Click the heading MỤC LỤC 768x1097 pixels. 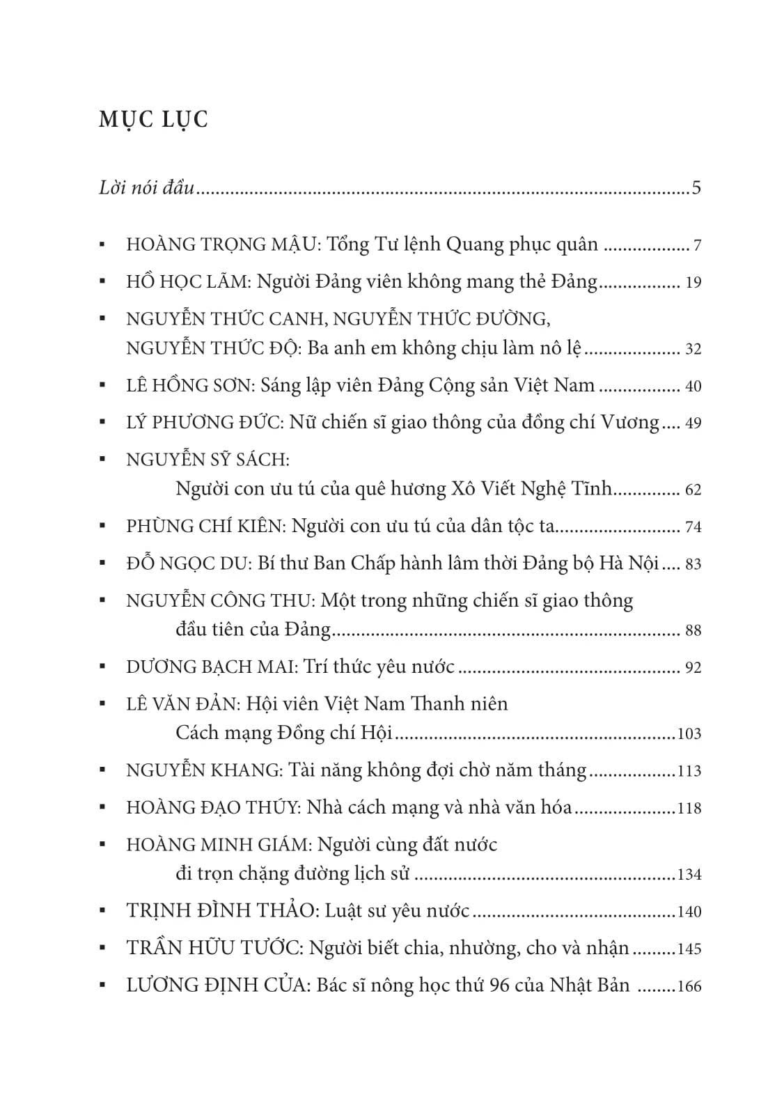tap(154, 120)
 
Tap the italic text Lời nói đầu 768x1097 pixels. tap(146, 188)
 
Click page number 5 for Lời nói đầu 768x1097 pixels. tap(696, 188)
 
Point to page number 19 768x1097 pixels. tap(693, 283)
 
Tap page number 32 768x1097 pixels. tap(693, 349)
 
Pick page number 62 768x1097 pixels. tap(693, 490)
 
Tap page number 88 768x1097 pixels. tap(693, 631)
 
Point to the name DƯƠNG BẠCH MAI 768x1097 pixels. tap(212, 667)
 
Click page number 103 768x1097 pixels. tap(689, 734)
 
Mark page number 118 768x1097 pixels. tap(689, 809)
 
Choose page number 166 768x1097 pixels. tap(689, 986)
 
